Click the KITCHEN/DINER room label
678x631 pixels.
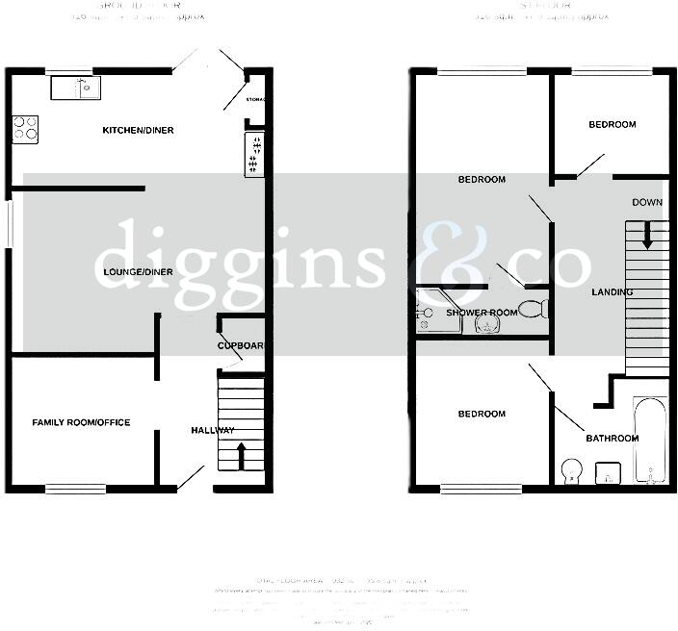[139, 130]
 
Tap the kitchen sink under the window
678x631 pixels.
[73, 88]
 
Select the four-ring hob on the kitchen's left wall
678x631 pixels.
[25, 129]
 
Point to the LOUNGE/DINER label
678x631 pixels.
[138, 272]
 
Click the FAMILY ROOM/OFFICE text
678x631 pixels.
[81, 422]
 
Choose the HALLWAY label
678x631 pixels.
[212, 430]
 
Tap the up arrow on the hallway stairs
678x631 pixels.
[241, 454]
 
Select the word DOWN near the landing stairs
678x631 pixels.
[647, 202]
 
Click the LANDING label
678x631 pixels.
[613, 291]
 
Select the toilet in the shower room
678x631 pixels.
[532, 310]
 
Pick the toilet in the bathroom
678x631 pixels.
[571, 470]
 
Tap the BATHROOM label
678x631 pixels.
[613, 439]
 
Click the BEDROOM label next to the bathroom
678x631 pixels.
[481, 414]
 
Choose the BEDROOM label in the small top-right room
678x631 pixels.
[613, 124]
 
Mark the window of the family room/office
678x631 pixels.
[76, 489]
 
